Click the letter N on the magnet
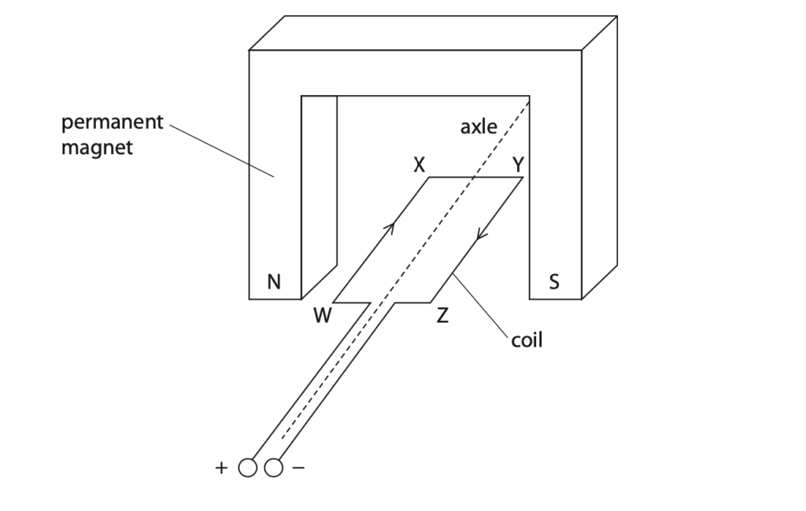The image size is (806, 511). (x=274, y=282)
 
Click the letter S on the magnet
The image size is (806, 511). (x=553, y=282)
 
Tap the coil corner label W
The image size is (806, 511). (x=322, y=315)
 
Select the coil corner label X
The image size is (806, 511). (x=420, y=165)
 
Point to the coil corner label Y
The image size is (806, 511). (x=518, y=165)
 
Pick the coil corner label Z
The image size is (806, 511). (x=442, y=315)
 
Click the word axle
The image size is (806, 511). (x=479, y=127)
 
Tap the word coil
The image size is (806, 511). (x=527, y=340)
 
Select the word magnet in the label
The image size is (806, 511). (x=97, y=148)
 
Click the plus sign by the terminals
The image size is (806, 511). (x=221, y=468)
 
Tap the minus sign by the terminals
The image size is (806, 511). (x=298, y=468)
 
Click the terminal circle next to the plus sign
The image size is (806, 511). (x=248, y=468)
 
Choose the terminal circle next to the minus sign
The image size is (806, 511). (x=273, y=468)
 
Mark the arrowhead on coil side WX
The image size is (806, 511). (x=390, y=227)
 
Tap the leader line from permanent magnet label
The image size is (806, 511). (x=221, y=150)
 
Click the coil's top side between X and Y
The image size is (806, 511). (x=476, y=177)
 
